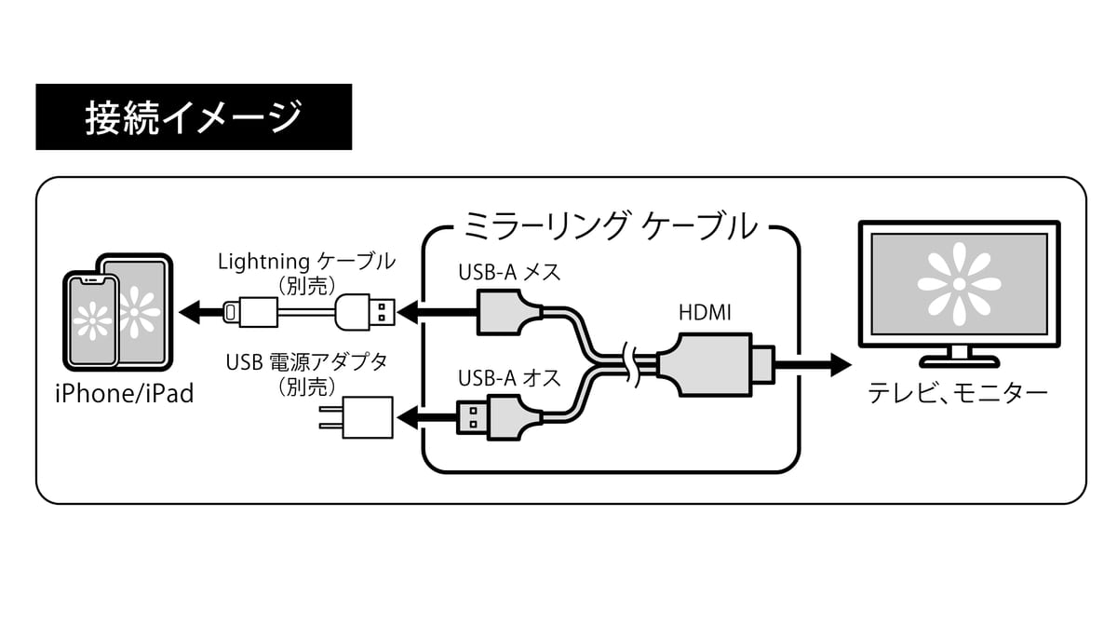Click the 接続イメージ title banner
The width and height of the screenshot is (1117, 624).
(194, 117)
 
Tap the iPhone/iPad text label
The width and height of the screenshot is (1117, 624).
(124, 393)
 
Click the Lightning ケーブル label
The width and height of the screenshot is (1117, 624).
(306, 262)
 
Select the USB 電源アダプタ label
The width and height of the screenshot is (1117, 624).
(306, 362)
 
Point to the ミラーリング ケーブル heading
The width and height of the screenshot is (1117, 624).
(611, 226)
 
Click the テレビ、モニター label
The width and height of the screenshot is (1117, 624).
(958, 393)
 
